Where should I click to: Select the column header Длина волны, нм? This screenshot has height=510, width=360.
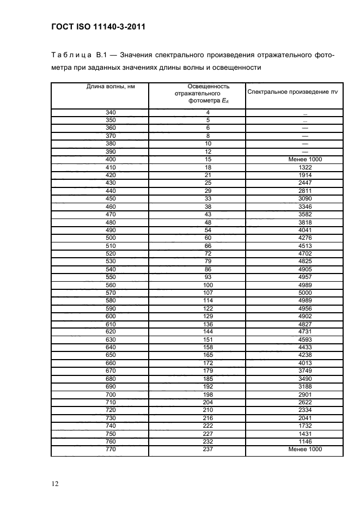(x=111, y=87)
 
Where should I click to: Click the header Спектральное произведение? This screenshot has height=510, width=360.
(x=292, y=92)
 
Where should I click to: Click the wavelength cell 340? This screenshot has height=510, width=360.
(x=111, y=113)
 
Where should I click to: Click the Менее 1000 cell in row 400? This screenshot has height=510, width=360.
(x=305, y=160)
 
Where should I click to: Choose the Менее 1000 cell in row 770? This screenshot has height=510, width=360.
(x=305, y=450)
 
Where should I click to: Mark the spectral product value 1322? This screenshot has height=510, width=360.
(x=305, y=167)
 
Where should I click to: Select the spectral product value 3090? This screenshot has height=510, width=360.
(x=305, y=199)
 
